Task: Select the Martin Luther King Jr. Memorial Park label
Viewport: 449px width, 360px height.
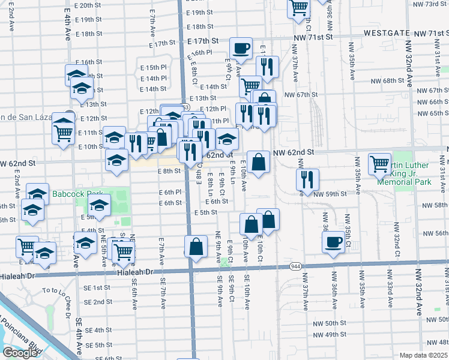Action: (x=421, y=170)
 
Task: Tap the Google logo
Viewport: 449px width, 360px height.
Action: (x=19, y=353)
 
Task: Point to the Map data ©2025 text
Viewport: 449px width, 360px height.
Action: (x=423, y=355)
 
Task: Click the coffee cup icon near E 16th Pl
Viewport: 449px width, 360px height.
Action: (x=241, y=48)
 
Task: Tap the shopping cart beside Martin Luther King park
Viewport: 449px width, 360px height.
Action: (x=380, y=163)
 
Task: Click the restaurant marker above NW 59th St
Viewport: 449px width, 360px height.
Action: (x=307, y=179)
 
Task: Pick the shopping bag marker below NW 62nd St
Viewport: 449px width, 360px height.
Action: (x=258, y=161)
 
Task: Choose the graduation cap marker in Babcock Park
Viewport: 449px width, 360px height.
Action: (x=100, y=205)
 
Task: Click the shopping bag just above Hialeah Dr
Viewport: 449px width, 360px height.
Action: (x=196, y=246)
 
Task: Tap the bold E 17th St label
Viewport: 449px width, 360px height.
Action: (x=202, y=41)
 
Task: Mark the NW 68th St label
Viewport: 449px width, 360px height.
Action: (x=385, y=80)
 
